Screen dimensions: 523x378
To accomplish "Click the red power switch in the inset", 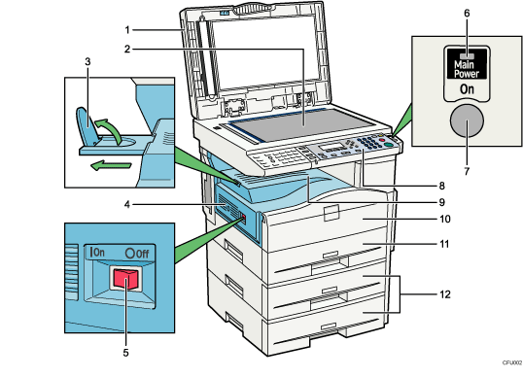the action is point(122,280).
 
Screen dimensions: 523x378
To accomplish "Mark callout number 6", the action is point(466,13).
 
